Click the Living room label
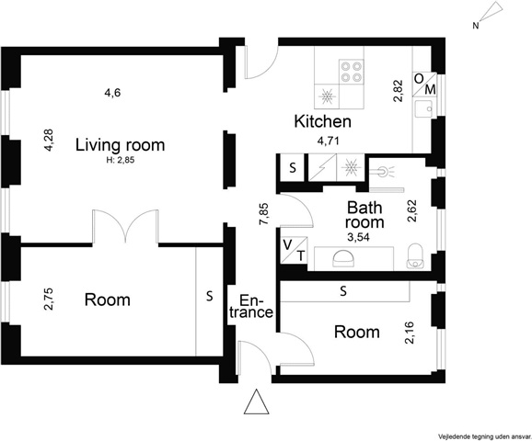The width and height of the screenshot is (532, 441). pos(120,145)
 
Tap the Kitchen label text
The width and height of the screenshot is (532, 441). pos(323,121)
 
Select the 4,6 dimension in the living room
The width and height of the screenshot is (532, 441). pos(112,93)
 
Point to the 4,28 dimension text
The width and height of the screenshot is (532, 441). pos(49,140)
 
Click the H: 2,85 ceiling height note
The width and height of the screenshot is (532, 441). pos(121,160)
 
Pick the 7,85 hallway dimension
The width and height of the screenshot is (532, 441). pos(263,214)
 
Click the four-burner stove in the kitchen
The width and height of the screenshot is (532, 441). pos(352,71)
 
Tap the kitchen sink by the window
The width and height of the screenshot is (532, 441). pos(423,109)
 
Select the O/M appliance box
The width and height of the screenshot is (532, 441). pos(425,85)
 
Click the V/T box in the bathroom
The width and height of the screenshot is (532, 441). pos(295,250)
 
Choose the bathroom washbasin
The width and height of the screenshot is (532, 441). pos(343,260)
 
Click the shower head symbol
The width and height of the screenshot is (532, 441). pos(383,171)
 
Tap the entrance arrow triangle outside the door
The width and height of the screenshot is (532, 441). pos(257,401)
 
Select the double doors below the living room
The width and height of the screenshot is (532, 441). pos(125,226)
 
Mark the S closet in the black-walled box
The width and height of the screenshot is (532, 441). pos(293,167)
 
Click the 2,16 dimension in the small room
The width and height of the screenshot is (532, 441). pos(410,333)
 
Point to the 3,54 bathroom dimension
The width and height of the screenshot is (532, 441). pos(358,237)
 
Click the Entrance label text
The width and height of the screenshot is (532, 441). pos(251,307)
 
